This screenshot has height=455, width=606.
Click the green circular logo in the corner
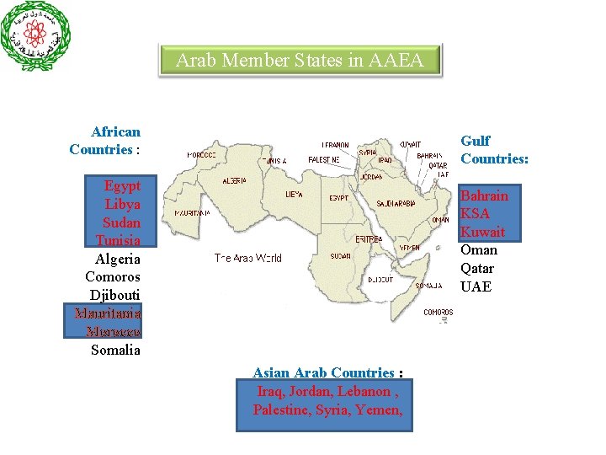36,36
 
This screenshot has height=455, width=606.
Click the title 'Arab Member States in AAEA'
300,61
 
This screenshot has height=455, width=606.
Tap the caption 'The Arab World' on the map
247,258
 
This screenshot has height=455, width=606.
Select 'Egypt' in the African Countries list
122,185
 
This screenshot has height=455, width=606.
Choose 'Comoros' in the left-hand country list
113,276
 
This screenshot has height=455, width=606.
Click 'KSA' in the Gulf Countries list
476,213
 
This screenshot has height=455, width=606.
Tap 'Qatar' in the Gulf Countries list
477,268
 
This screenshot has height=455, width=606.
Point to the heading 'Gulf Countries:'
494,149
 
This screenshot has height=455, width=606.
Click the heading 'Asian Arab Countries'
323,372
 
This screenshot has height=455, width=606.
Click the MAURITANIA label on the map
193,213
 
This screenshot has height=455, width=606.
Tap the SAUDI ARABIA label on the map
396,203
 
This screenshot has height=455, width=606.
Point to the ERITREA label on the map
369,239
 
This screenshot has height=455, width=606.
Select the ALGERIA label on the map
234,180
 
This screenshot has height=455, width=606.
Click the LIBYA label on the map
294,194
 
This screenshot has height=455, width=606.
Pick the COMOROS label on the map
438,312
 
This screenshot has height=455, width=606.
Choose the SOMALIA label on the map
428,286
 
